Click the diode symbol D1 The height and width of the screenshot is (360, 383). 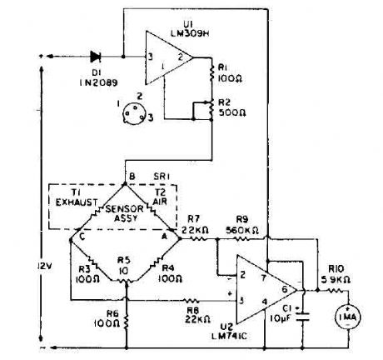click(x=96, y=57)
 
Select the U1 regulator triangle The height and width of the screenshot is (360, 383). click(x=167, y=57)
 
